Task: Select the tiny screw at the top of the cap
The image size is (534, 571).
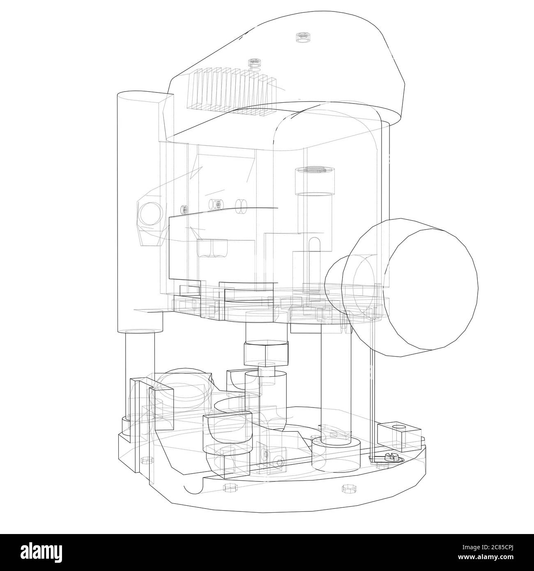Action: [x=302, y=37]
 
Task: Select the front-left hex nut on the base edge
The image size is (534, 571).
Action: [x=227, y=488]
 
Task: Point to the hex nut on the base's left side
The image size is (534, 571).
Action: [x=144, y=459]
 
